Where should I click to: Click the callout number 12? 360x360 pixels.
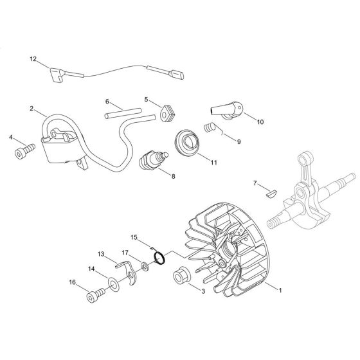[x=33, y=59]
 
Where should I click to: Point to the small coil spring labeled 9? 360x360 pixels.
[x=210, y=127]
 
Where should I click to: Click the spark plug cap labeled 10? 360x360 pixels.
[x=227, y=111]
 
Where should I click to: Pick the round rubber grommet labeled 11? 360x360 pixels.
[x=187, y=143]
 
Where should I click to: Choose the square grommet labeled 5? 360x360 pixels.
[x=166, y=113]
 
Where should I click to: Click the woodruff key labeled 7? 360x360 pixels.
[x=272, y=192]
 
